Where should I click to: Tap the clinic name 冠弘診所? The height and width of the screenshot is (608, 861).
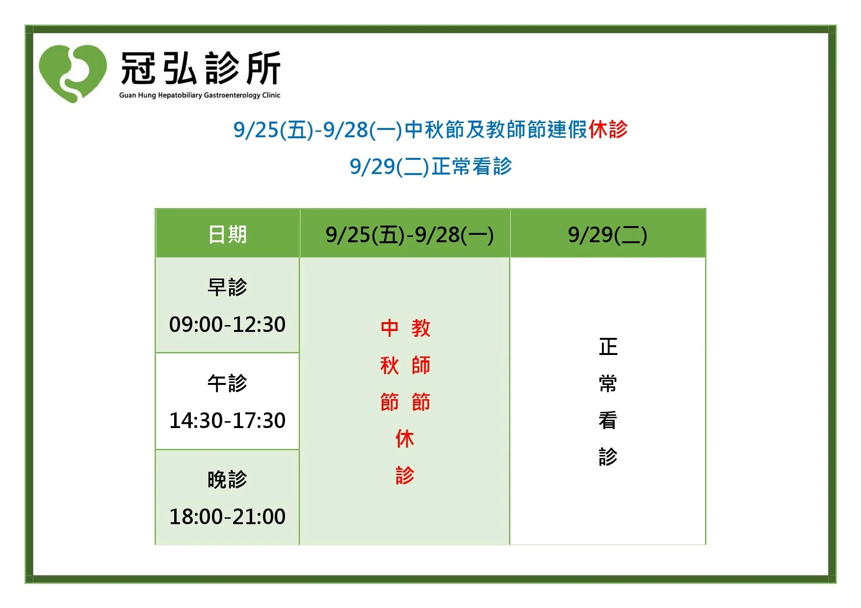[201, 68]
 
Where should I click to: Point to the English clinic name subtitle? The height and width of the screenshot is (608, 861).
[200, 95]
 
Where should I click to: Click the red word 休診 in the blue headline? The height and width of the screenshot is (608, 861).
[608, 129]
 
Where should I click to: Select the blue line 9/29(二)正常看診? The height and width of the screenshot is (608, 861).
[431, 167]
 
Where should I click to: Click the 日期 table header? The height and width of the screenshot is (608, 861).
[228, 234]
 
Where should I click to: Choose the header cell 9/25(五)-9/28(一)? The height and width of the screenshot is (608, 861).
[410, 235]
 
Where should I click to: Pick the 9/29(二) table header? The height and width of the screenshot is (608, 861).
[607, 235]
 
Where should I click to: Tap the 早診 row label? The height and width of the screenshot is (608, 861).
[228, 287]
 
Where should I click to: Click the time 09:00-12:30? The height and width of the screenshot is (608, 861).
[227, 325]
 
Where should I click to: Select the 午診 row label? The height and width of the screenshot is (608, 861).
[228, 383]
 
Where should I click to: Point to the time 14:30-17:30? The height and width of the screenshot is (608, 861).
[227, 421]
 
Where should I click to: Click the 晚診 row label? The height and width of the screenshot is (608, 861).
[228, 479]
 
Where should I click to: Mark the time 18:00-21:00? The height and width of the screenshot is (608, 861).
[227, 517]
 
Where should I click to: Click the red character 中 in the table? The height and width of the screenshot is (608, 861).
[390, 328]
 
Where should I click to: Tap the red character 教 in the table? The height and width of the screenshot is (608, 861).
[421, 328]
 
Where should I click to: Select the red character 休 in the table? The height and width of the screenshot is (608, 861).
[405, 438]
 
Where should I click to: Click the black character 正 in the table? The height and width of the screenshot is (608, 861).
[608, 347]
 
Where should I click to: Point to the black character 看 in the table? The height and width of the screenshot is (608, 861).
[608, 420]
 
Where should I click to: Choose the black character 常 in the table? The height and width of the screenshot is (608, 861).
[608, 383]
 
